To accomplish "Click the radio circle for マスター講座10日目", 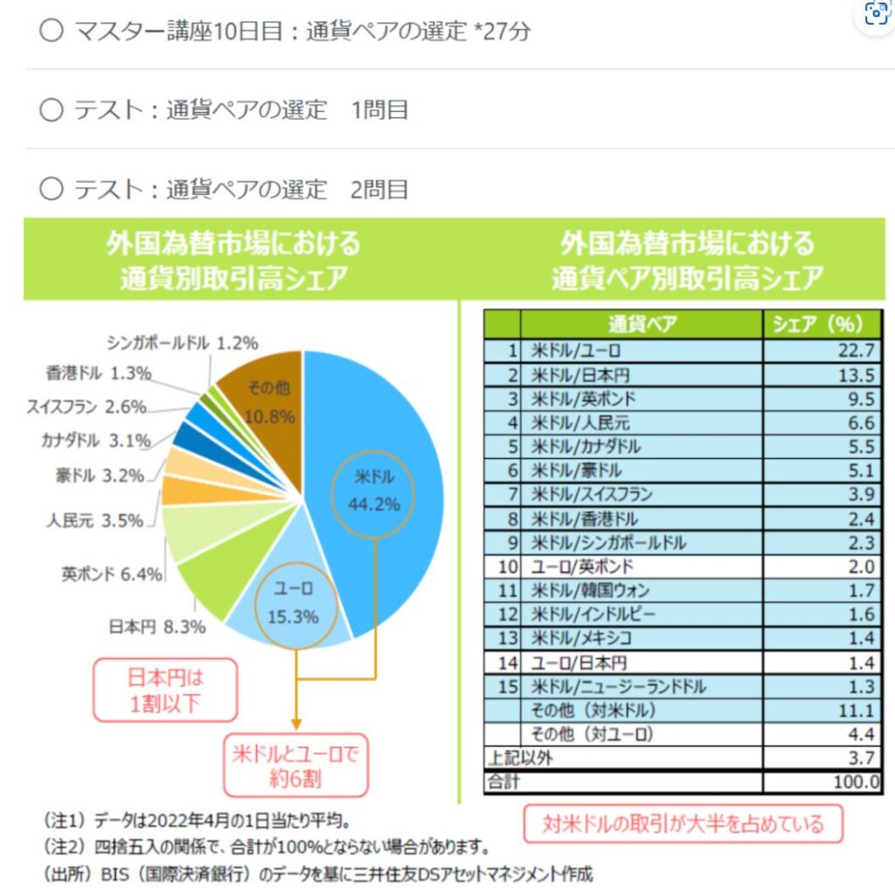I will (x=52, y=31).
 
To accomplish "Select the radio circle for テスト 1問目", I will (x=52, y=110).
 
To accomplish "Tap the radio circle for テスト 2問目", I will (x=52, y=189).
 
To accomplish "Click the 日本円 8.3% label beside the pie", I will (x=157, y=627).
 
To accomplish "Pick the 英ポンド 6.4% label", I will (x=112, y=574).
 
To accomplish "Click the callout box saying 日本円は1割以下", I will (x=165, y=690).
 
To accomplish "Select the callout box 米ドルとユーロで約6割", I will (x=295, y=765).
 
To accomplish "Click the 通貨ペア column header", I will (x=642, y=325).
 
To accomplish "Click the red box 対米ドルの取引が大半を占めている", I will (x=683, y=824).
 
